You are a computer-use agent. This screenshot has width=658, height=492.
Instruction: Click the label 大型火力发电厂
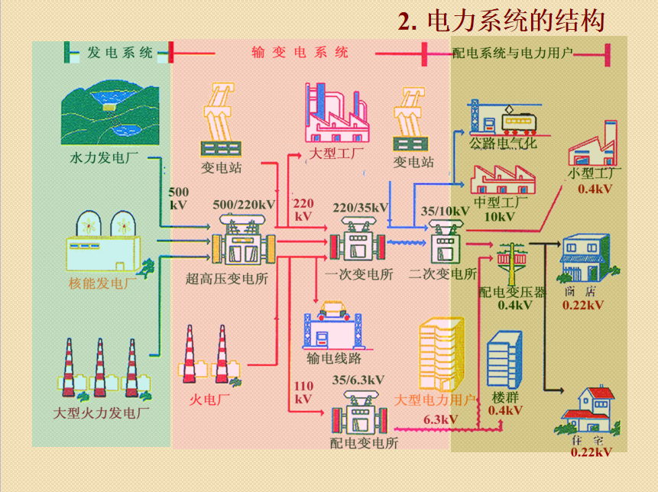102,413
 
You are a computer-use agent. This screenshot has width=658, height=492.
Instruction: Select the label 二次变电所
443,274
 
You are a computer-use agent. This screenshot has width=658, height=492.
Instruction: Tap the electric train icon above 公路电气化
519,121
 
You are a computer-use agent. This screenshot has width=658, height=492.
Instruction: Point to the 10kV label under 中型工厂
500,216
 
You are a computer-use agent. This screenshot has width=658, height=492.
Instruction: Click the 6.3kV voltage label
441,419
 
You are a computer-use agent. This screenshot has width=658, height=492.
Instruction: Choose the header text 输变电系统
300,53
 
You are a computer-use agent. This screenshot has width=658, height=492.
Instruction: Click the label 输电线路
334,358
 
